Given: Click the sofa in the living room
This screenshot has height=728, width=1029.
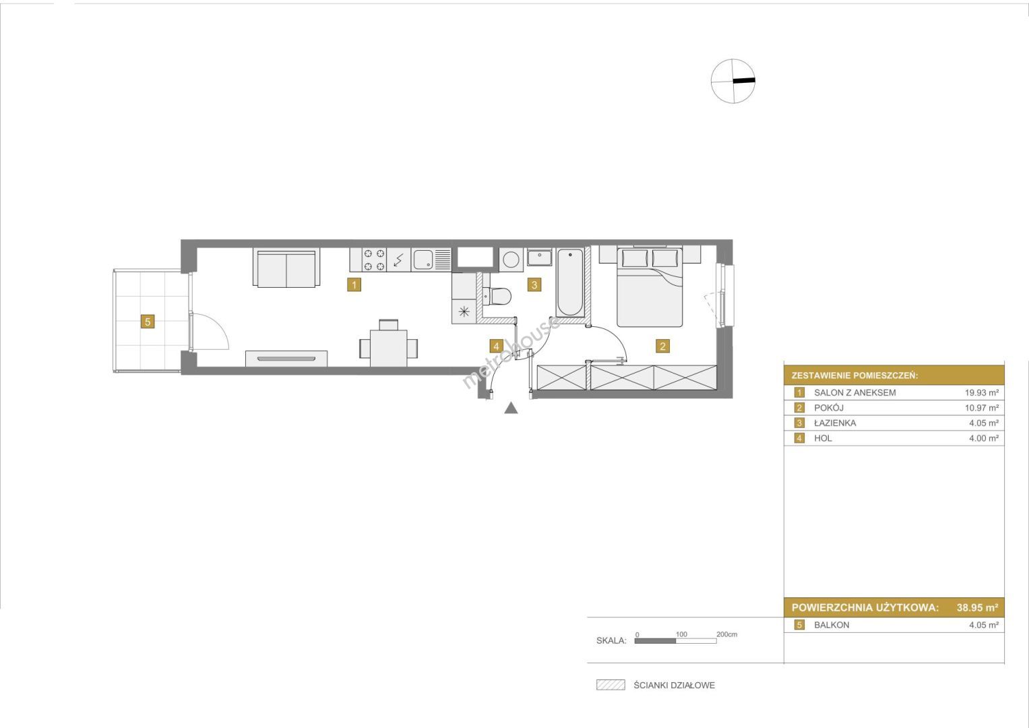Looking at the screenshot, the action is (x=286, y=268).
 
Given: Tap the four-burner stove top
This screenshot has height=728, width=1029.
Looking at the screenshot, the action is (x=374, y=260).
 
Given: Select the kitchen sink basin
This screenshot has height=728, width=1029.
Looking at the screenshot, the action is (x=423, y=260).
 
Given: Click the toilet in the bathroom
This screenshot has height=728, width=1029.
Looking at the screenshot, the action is (x=497, y=296).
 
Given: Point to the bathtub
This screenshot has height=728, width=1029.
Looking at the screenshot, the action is (x=570, y=282).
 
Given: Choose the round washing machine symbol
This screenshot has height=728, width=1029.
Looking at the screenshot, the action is (x=511, y=260).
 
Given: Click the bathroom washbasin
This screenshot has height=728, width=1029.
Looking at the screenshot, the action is (x=539, y=257).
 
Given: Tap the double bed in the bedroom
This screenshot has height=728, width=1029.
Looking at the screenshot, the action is (x=650, y=287).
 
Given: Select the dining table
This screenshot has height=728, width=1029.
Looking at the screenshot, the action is (x=389, y=348).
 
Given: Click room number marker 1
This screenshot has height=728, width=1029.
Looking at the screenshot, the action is (x=354, y=285).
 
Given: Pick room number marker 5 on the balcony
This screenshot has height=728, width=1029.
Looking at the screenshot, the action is (x=148, y=322).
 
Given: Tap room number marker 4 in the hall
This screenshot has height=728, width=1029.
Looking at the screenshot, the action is (x=496, y=346).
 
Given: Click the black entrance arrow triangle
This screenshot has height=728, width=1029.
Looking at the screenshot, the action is (x=511, y=408).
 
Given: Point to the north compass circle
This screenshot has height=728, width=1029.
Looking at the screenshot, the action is (x=733, y=81).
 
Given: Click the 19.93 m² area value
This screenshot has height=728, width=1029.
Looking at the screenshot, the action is (x=981, y=392).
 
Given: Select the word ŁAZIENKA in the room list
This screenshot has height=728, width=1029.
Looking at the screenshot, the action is (x=835, y=423).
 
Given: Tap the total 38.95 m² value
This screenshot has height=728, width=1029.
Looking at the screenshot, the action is (x=977, y=607).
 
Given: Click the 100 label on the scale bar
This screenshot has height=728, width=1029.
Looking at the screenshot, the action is (x=681, y=634).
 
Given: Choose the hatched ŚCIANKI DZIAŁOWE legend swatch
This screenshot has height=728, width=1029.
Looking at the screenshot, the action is (x=611, y=686).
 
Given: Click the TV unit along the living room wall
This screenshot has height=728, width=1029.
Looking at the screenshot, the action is (x=286, y=359).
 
